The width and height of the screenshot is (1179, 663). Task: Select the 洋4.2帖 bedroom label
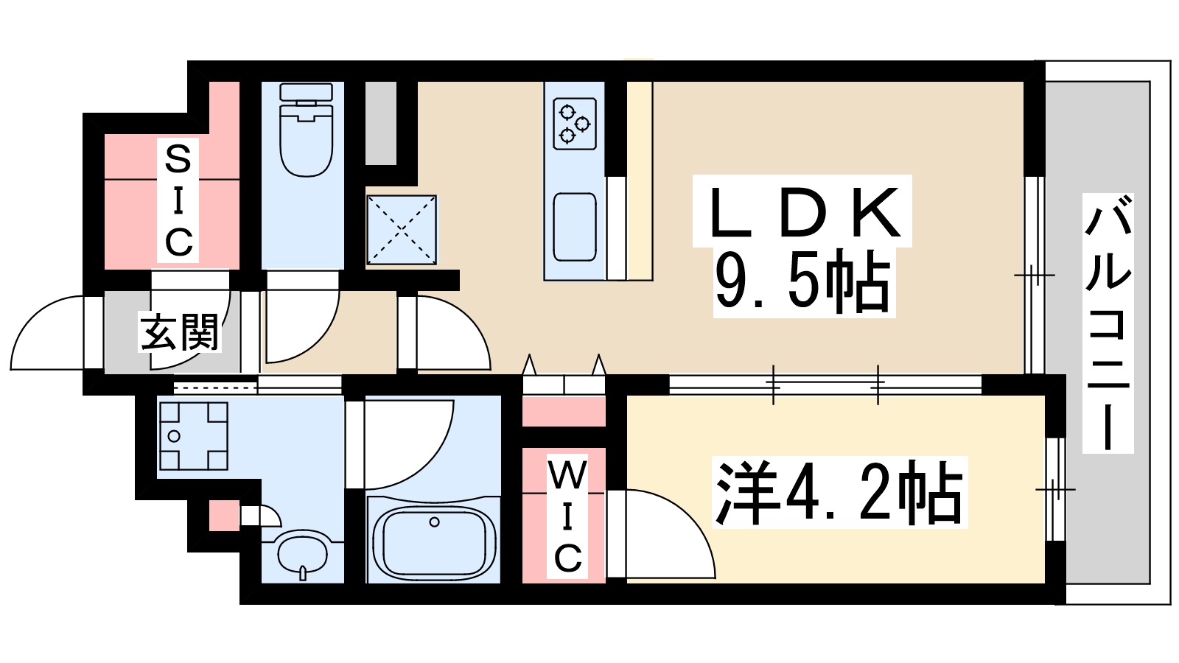839,492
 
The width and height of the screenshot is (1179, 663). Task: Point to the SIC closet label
178,200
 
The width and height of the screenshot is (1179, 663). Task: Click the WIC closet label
567,518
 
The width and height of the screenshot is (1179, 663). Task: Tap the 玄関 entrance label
180,332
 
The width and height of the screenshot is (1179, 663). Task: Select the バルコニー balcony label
1108,324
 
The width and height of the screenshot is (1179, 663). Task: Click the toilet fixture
306,130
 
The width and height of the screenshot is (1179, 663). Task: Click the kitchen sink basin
575,227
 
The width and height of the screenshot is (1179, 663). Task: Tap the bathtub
433,541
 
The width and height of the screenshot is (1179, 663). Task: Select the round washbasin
303,552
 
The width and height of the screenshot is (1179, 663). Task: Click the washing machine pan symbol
193,436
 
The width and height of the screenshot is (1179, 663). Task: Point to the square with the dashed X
402,229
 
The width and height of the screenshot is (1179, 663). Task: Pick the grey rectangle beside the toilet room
381,123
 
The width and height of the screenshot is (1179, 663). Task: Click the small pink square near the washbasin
224,516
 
